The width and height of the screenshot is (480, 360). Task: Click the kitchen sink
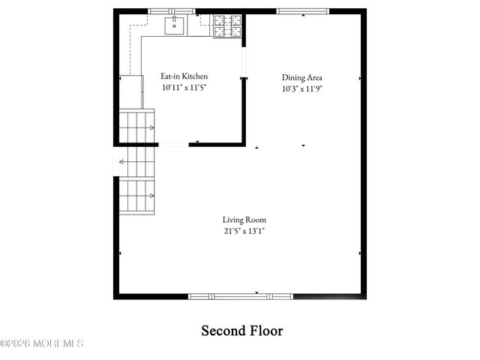(x=175, y=26)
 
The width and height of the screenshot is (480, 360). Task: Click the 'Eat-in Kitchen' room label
(x=184, y=76)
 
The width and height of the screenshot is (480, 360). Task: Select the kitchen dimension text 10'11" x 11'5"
(x=184, y=88)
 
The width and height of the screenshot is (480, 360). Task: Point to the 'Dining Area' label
(x=302, y=77)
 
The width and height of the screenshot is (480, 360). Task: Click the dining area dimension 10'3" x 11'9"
(x=302, y=88)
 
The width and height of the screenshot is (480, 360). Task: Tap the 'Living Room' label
(x=244, y=220)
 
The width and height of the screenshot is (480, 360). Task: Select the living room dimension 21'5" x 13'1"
(x=244, y=231)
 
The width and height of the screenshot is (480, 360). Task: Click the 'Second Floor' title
(x=241, y=331)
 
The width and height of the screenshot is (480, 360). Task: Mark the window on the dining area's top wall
(x=302, y=11)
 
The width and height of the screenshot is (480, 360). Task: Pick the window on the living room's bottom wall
(x=240, y=296)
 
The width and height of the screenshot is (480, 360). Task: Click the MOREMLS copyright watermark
(x=42, y=344)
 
